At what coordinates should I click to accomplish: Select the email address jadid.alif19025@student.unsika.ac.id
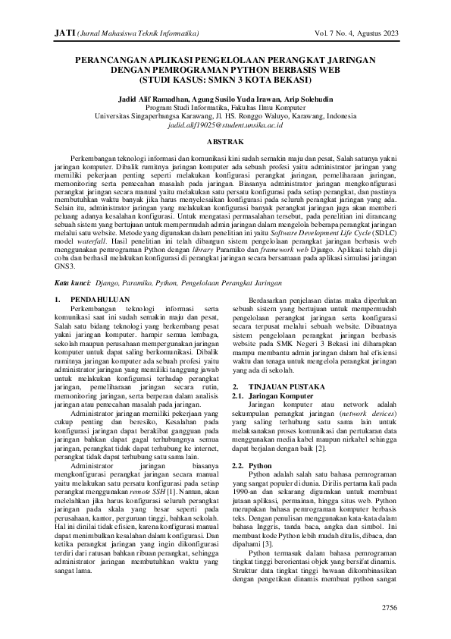pyautogui.click(x=225, y=125)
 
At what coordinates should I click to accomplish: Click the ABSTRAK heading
pyautogui.click(x=225, y=142)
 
